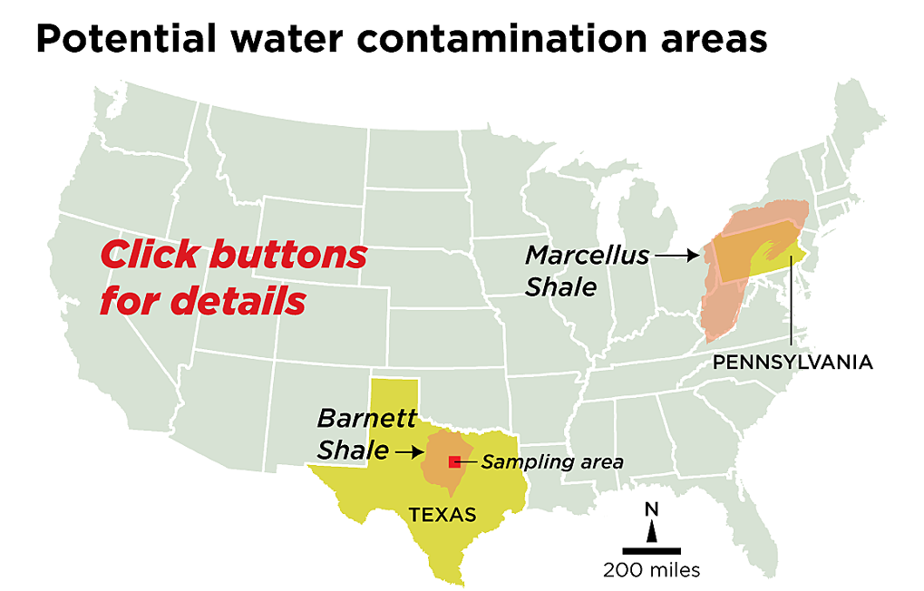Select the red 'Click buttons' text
tap(233, 255)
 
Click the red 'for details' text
tap(202, 300)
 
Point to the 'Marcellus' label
tap(587, 256)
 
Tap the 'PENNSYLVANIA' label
tap(793, 363)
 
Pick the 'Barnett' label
tap(366, 418)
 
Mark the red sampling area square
tap(454, 462)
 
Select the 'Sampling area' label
tap(551, 462)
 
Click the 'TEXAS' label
tap(442, 515)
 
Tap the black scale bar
tap(651, 550)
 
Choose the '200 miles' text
tap(651, 570)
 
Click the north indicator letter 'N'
tap(651, 508)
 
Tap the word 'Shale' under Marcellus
tap(561, 287)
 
